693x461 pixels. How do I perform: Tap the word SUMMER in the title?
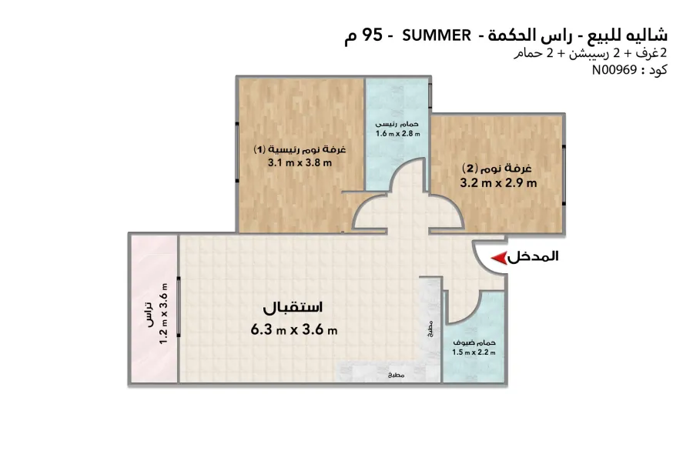tap(437, 35)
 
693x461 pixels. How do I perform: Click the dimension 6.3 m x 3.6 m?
tap(295, 329)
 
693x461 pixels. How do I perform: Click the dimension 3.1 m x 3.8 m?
tap(300, 162)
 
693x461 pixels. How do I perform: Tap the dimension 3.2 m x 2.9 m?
tap(498, 183)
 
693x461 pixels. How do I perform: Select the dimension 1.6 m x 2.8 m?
tap(398, 133)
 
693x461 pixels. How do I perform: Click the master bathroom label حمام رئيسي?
tap(397, 124)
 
